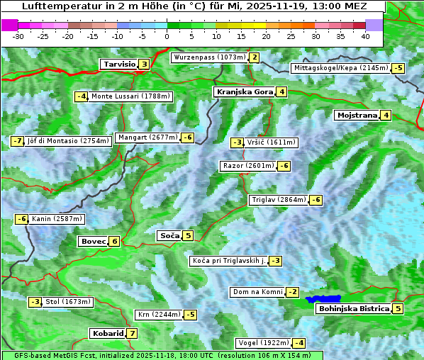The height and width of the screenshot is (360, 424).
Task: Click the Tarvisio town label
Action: click(x=118, y=64)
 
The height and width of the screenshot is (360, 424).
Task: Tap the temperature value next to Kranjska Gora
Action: click(x=281, y=91)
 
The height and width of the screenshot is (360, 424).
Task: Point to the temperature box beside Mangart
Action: click(x=187, y=137)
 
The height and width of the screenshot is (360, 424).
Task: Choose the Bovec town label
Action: click(x=93, y=241)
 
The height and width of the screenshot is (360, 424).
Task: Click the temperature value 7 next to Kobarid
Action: click(x=132, y=333)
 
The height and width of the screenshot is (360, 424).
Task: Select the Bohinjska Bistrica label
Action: click(x=354, y=308)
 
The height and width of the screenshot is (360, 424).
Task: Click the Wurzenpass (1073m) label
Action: click(x=209, y=57)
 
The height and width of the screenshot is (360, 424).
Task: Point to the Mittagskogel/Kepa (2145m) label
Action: click(x=340, y=68)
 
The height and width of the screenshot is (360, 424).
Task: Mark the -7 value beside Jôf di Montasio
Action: click(x=17, y=141)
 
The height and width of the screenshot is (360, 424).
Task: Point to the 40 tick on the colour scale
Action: click(x=365, y=35)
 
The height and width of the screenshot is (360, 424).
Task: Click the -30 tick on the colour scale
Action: click(x=18, y=35)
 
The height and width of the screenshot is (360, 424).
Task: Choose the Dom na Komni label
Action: click(x=257, y=292)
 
